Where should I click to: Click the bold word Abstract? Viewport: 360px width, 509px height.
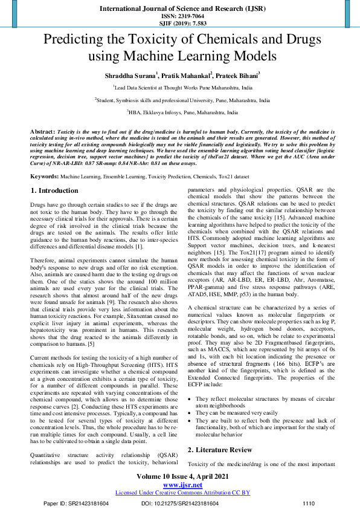pyautogui.click(x=42, y=131)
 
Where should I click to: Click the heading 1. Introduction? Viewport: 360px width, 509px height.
pyautogui.click(x=54, y=174)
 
